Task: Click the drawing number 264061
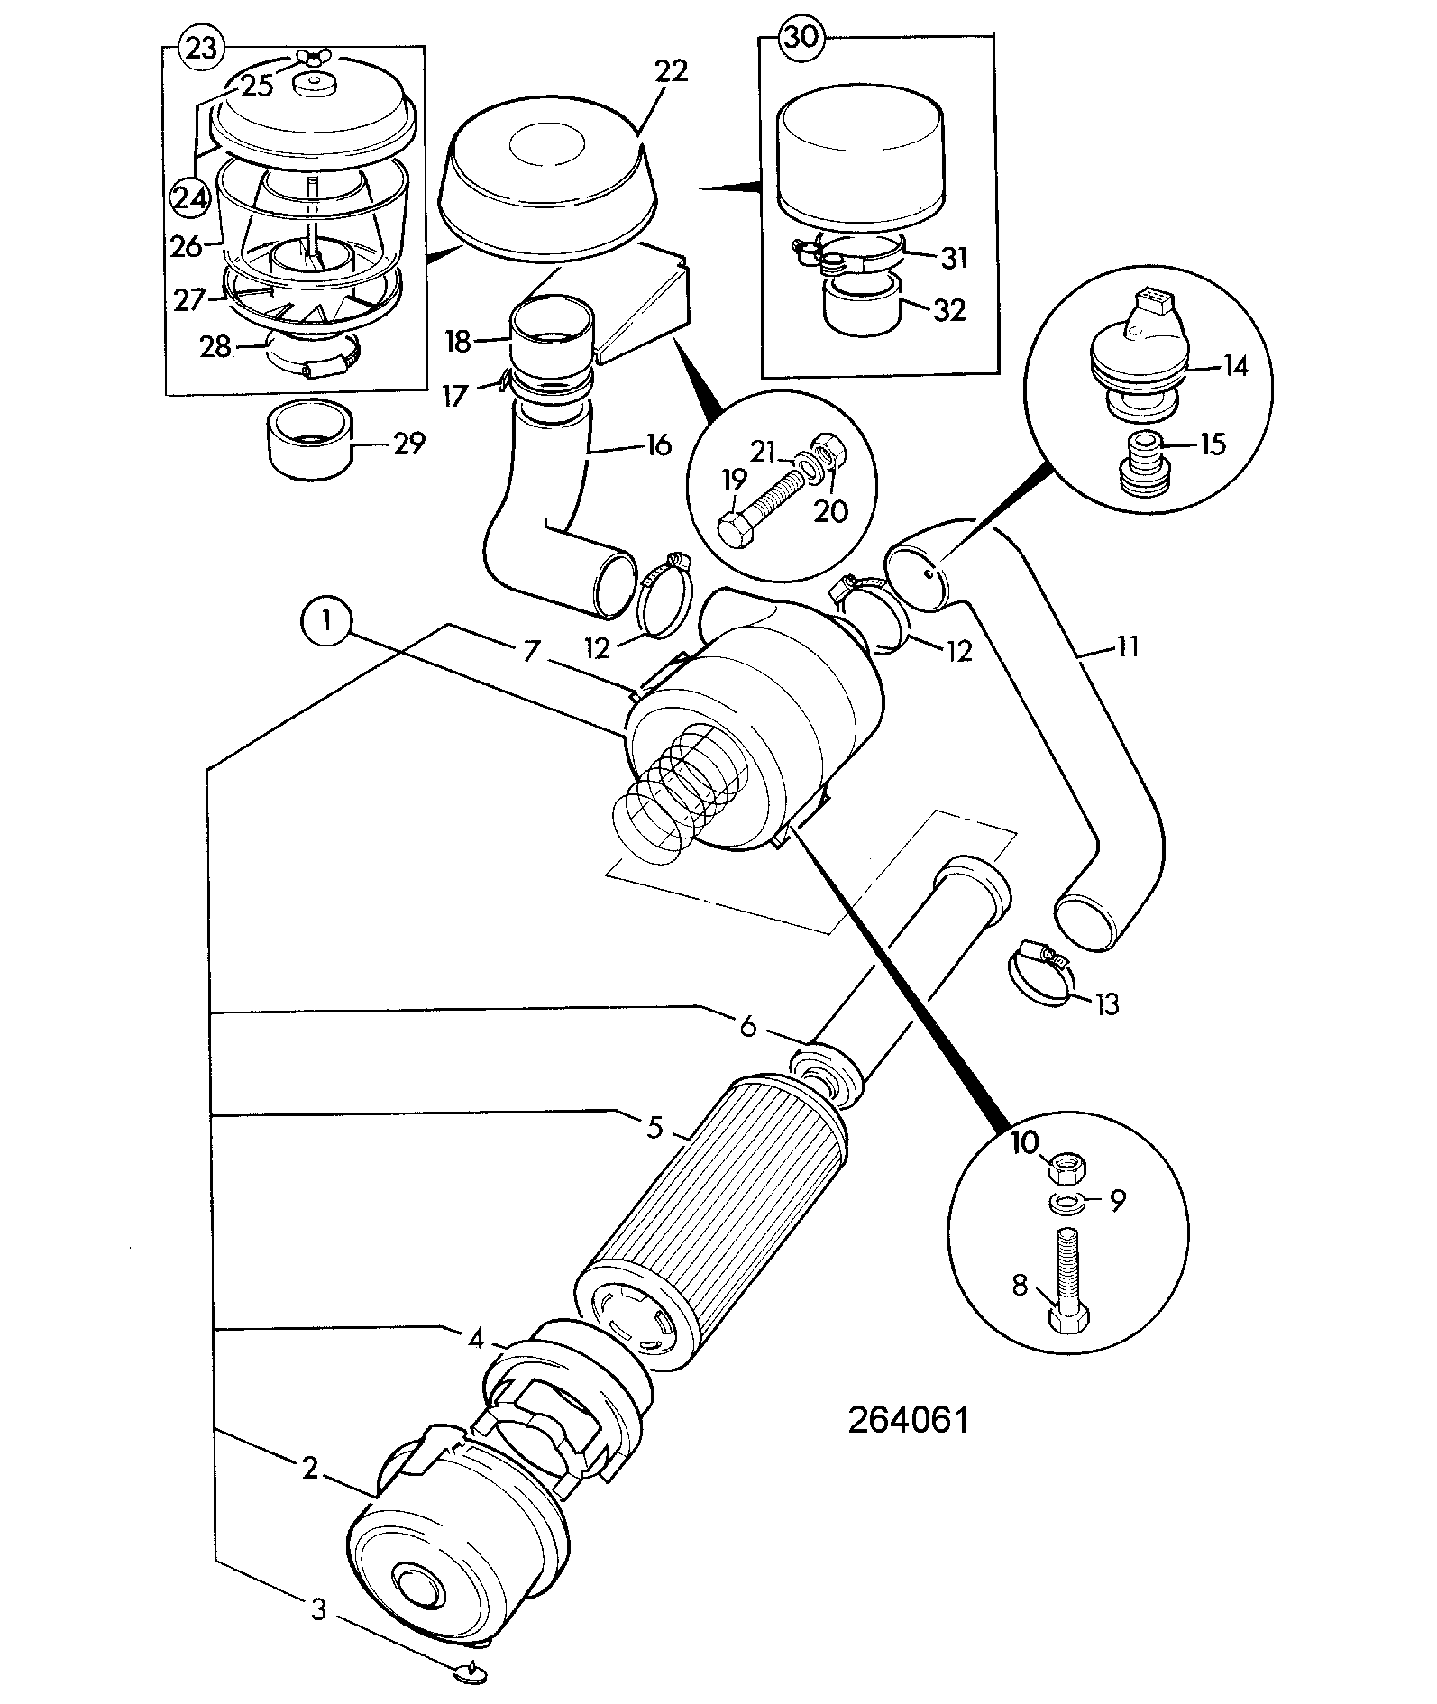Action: pyautogui.click(x=908, y=1420)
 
